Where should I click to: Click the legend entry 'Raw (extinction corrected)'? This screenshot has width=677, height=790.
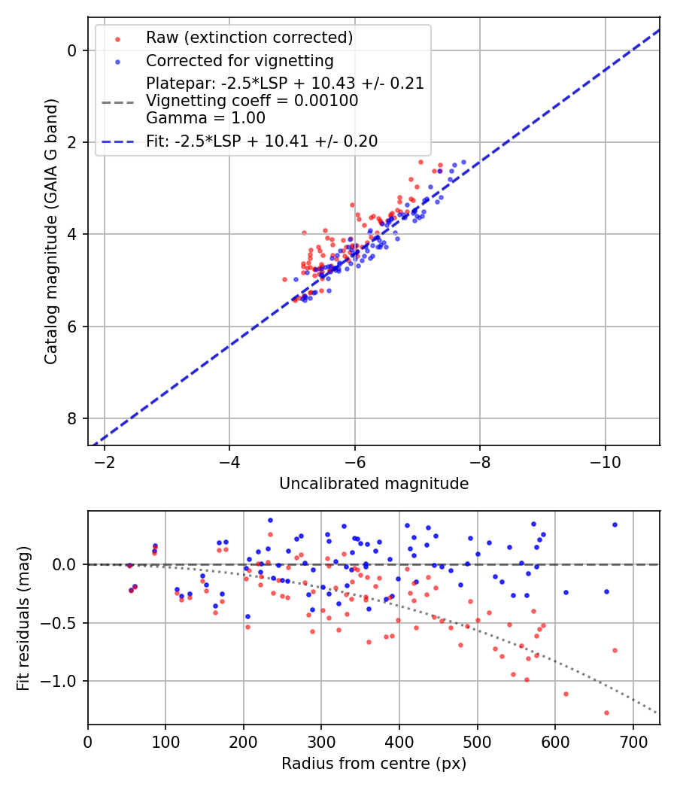point(249,38)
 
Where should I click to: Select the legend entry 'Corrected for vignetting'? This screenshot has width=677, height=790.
point(239,60)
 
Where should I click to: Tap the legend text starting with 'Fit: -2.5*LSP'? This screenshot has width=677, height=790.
point(262,141)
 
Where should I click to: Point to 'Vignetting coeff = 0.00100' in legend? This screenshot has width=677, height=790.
point(252,100)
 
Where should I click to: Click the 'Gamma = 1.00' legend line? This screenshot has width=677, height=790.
point(205,117)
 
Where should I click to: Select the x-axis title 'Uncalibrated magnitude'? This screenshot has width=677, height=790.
point(374,484)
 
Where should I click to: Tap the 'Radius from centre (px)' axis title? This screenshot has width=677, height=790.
point(374,764)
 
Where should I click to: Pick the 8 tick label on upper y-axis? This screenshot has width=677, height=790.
point(73,418)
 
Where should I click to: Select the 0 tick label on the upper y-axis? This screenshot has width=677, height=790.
point(73,50)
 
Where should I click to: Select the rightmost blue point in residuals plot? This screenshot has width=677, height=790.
point(615,524)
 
